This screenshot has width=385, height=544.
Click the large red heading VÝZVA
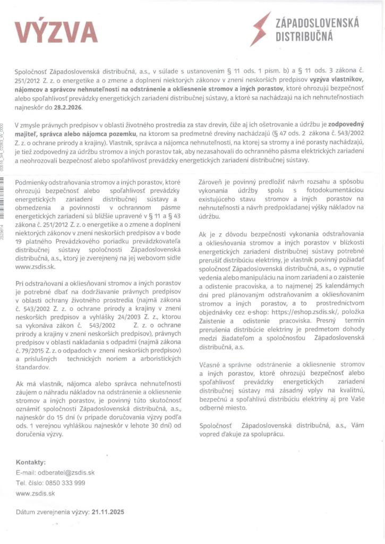coord(56,32)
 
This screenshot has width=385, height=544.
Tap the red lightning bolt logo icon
coord(261,29)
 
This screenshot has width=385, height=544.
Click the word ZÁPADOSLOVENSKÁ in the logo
coord(318,23)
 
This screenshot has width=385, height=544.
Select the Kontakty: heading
coord(31,462)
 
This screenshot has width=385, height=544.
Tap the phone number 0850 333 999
coord(65,482)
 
